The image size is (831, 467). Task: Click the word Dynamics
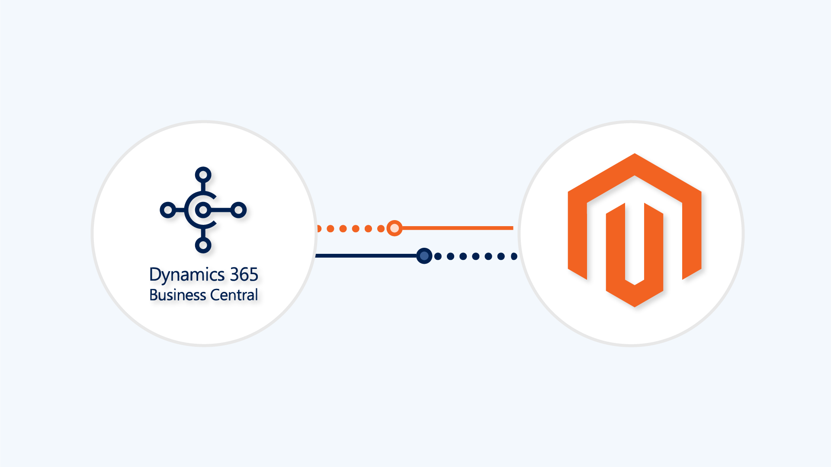click(187, 275)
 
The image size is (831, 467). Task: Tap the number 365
click(244, 274)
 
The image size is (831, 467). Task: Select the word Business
click(177, 295)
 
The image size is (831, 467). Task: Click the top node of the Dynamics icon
click(203, 175)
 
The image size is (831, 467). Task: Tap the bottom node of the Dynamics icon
click(203, 245)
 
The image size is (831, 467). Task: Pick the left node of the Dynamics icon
click(168, 210)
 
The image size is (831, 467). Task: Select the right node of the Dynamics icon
click(238, 210)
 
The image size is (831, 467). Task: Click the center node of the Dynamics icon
click(203, 210)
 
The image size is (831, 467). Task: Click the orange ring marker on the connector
click(394, 228)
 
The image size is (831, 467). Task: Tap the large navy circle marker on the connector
click(424, 256)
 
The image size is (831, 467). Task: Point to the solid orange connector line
click(458, 228)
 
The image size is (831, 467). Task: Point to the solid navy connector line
click(366, 256)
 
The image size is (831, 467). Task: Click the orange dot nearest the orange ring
click(381, 228)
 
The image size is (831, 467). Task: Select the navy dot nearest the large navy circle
click(438, 256)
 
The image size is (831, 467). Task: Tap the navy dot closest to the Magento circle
click(514, 256)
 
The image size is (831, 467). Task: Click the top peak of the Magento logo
click(635, 154)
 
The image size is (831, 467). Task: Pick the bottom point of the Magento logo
click(635, 306)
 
